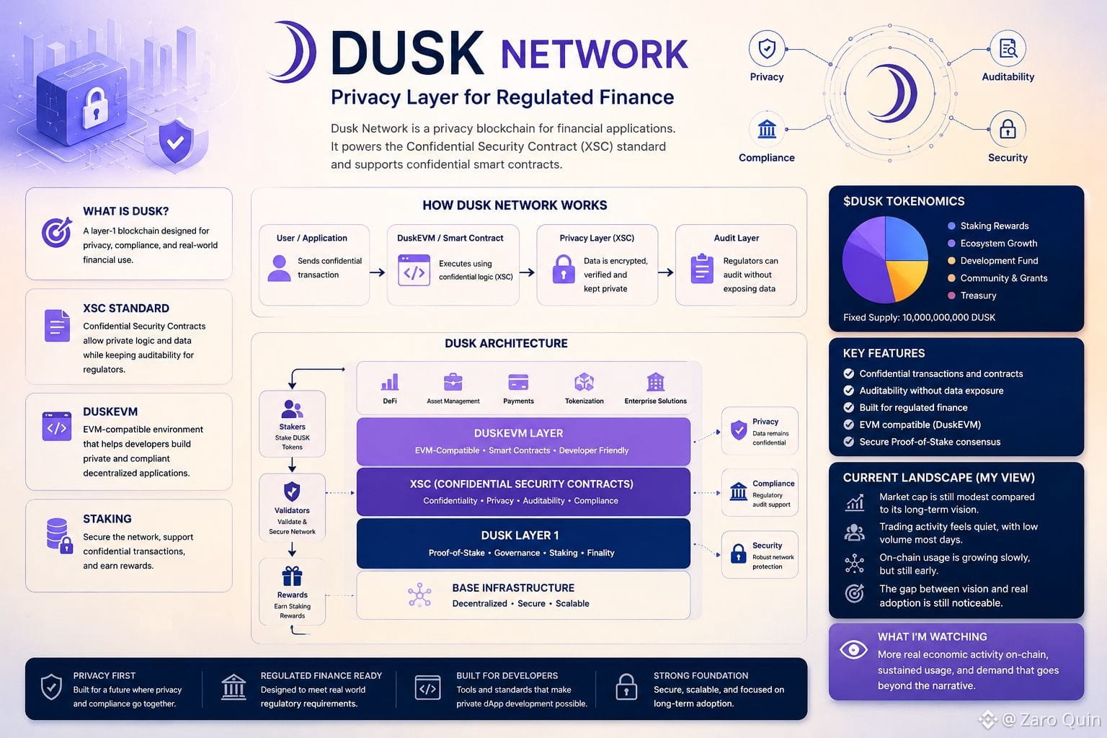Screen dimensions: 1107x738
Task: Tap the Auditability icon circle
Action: (1008, 49)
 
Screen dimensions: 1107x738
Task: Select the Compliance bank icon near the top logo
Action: (767, 129)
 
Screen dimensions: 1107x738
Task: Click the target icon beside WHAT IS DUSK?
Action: (57, 232)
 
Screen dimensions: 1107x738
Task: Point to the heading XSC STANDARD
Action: (126, 308)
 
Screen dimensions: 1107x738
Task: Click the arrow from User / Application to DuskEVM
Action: (378, 272)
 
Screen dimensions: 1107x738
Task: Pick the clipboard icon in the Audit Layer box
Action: (702, 268)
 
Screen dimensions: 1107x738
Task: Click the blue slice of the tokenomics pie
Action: (905, 240)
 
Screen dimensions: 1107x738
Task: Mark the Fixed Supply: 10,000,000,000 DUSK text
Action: (919, 317)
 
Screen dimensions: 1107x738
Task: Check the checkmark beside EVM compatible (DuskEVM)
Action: (848, 424)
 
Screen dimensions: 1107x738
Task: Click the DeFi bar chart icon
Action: (390, 381)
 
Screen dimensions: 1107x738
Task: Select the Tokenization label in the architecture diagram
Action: (584, 401)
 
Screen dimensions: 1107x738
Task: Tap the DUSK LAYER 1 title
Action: (520, 535)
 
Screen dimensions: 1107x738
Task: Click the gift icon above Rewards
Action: (292, 576)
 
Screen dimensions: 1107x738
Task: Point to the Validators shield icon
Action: (292, 492)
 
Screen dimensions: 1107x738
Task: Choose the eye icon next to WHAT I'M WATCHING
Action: (853, 649)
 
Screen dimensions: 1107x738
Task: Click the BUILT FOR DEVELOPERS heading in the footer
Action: (507, 676)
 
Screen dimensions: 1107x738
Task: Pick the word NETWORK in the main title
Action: (594, 54)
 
